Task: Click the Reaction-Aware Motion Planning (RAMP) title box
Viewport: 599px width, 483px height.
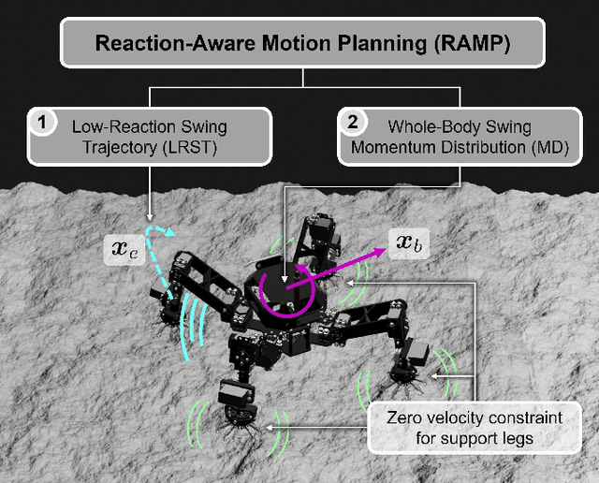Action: click(299, 44)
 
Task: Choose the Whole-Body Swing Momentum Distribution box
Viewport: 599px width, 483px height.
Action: click(455, 136)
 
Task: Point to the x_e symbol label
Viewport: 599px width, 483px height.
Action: click(124, 251)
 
